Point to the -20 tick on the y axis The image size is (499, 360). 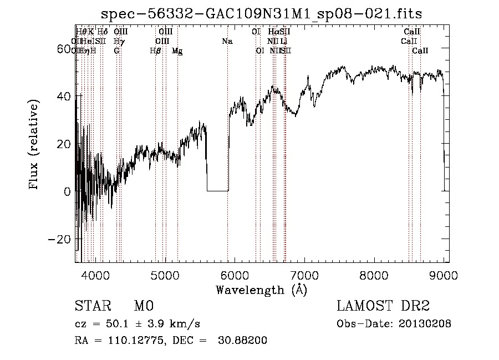click(62, 239)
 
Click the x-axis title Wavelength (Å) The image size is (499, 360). click(261, 289)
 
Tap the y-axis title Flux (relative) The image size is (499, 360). click(34, 144)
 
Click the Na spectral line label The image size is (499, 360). click(227, 41)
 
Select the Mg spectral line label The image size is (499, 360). click(177, 50)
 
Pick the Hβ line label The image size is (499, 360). click(155, 50)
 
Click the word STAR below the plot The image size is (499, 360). click(91, 306)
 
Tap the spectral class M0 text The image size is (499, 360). click(144, 306)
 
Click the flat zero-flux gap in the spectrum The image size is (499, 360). click(217, 191)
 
